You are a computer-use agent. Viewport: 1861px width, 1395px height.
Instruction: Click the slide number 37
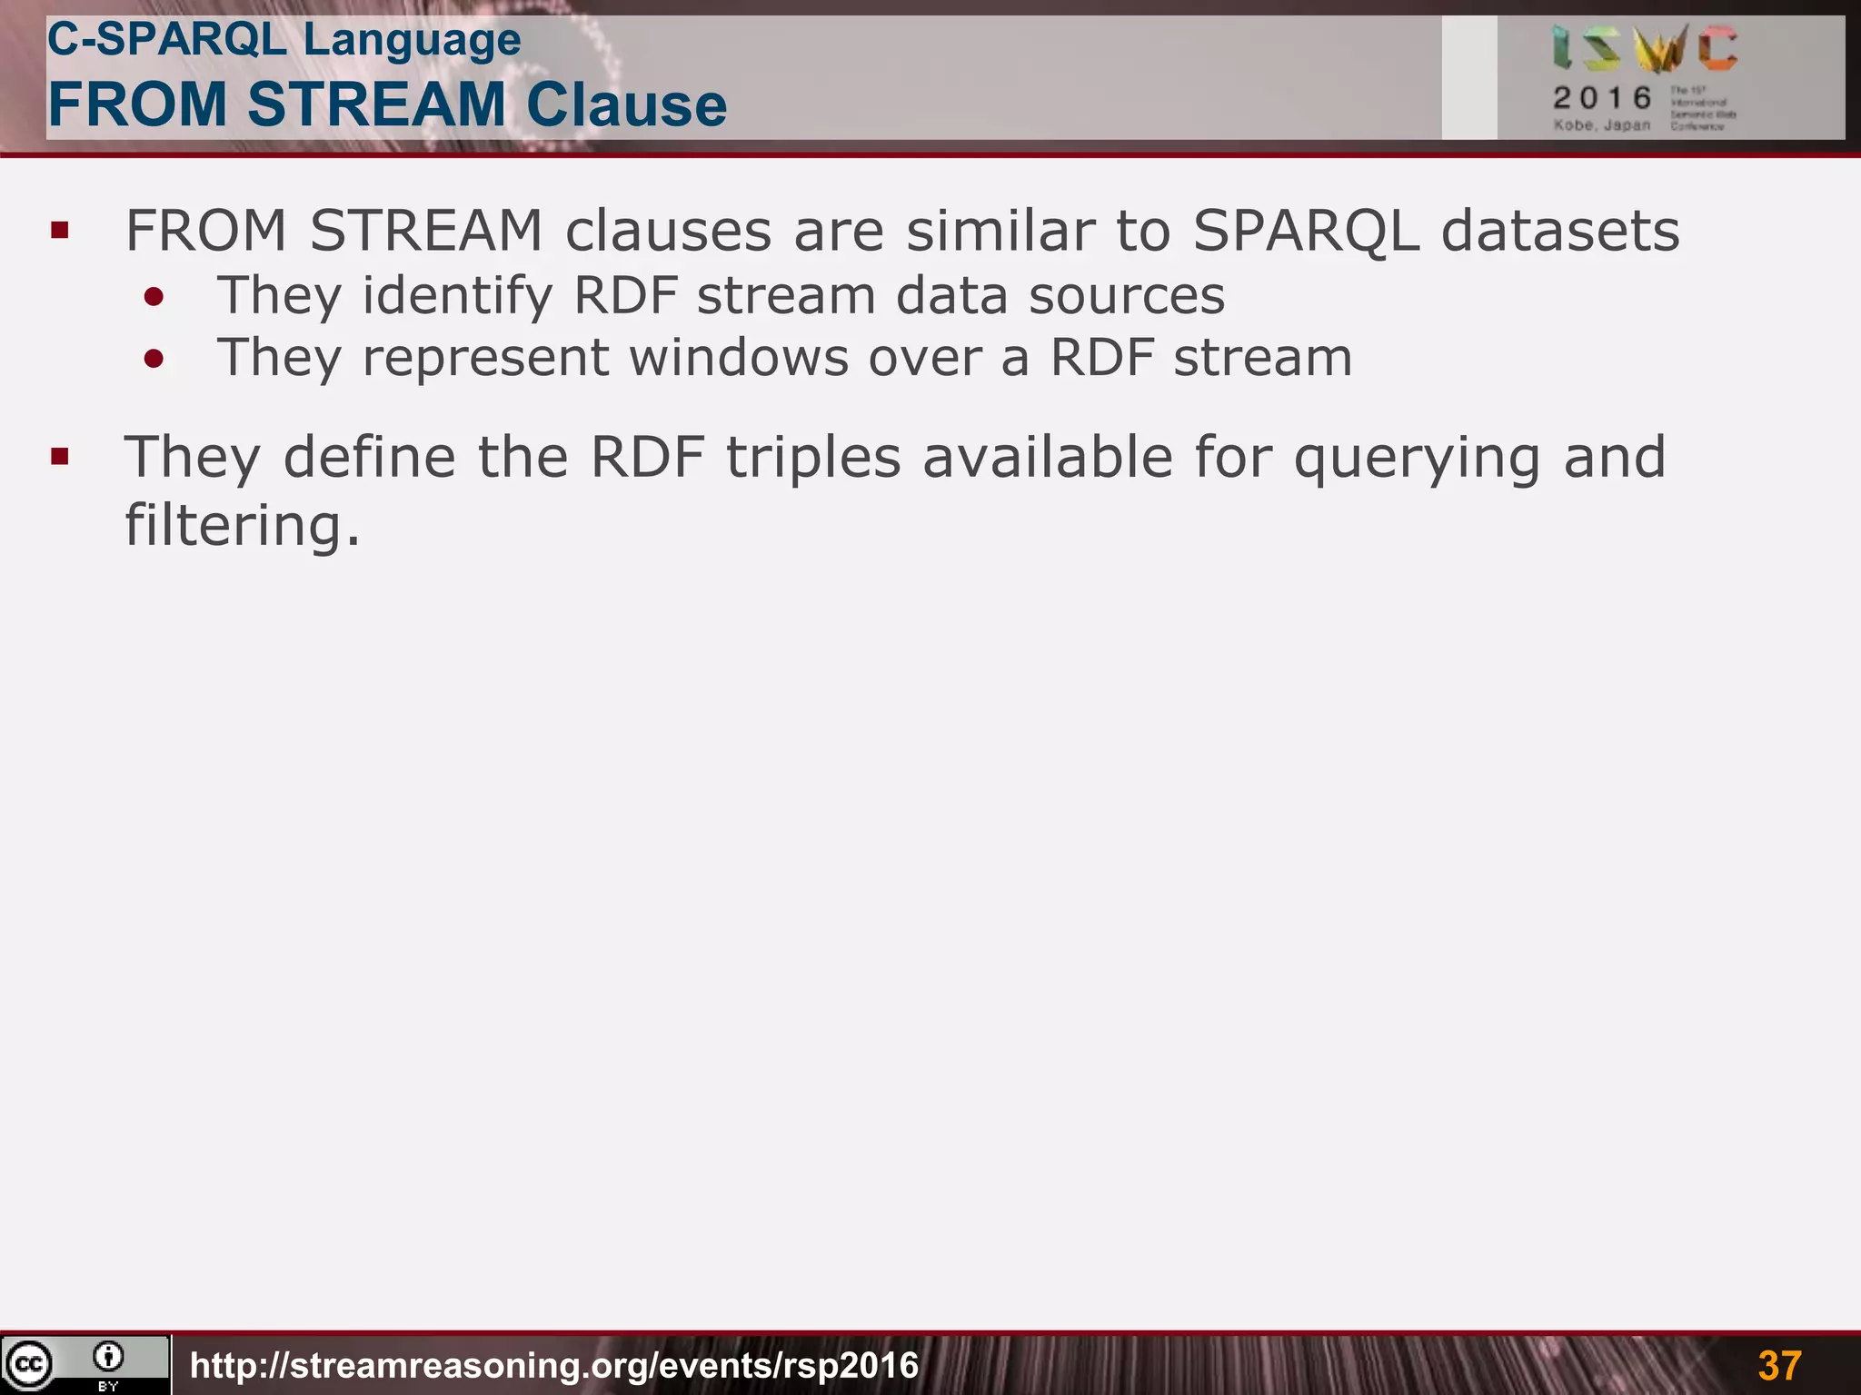coord(1779,1365)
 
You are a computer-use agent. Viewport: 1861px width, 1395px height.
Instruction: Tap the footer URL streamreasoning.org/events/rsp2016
coord(554,1365)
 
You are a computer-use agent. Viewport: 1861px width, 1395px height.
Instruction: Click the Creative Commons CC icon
coord(29,1364)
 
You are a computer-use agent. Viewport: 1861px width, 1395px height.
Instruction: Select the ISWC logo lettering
coord(1645,49)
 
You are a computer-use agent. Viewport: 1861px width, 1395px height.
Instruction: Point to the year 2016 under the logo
coord(1602,98)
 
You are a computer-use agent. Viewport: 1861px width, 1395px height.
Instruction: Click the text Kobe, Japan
coord(1601,125)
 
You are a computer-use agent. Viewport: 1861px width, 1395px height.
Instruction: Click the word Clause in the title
coord(626,104)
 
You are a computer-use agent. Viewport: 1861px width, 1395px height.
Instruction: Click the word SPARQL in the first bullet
coord(1305,231)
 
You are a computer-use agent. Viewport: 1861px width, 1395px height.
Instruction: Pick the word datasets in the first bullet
coord(1560,231)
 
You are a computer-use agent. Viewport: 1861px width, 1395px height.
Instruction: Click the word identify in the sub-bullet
coord(457,297)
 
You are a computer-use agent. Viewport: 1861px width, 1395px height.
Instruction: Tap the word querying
coord(1417,459)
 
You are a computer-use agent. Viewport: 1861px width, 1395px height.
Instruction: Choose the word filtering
coord(242,526)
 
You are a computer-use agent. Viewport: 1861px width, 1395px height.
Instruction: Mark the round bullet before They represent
coord(154,359)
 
